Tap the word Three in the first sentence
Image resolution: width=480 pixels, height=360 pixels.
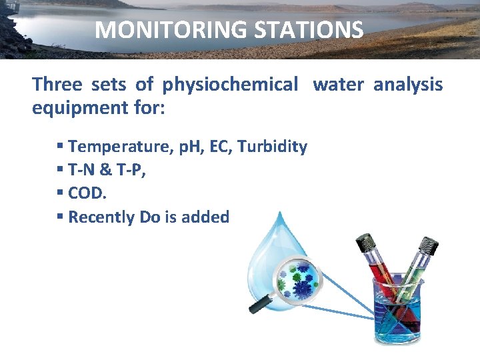coord(57,85)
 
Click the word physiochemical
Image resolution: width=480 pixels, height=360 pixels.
coord(231,85)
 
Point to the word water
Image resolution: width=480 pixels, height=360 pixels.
coord(339,85)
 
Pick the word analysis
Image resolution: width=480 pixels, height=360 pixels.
coord(408,85)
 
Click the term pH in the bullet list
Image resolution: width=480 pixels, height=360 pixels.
coord(191,147)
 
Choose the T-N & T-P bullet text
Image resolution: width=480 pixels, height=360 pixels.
coord(107,170)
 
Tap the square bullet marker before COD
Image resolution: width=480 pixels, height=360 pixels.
coord(60,193)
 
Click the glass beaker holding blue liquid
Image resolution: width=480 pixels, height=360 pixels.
coord(399,313)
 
